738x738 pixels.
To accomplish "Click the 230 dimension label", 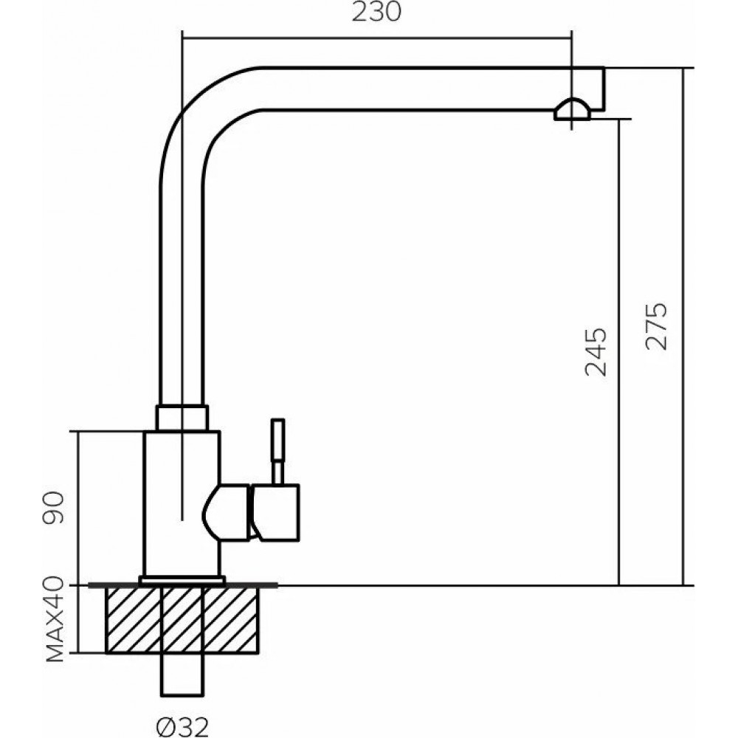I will click(x=376, y=13).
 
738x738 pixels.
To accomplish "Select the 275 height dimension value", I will click(x=656, y=326).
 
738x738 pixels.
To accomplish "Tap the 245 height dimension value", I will click(x=596, y=351).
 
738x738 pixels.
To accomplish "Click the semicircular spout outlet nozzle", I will click(x=572, y=110).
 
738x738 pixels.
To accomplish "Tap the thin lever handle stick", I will click(x=277, y=450).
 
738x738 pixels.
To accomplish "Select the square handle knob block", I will click(x=276, y=512).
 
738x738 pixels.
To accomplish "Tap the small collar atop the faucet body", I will click(x=182, y=417).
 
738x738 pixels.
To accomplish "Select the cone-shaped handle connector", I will click(x=227, y=512).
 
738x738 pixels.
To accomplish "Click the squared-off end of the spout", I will click(x=595, y=87).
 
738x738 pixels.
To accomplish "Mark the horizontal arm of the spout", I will click(x=406, y=89).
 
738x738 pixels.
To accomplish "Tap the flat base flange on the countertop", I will click(x=182, y=581).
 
